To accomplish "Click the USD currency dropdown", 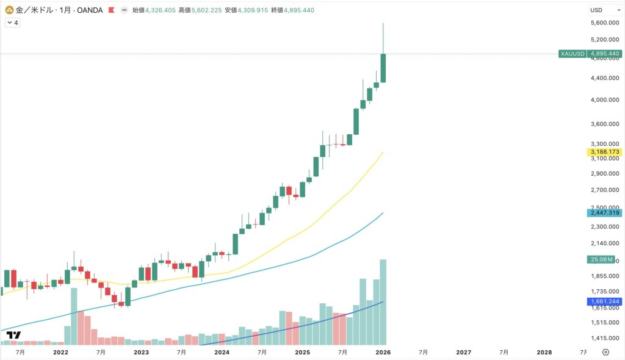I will coord(604,10).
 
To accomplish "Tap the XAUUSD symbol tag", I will coord(573,54).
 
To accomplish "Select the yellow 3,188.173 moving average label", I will coord(604,151).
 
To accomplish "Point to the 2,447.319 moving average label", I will coord(604,212).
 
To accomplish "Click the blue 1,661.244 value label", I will coord(604,301).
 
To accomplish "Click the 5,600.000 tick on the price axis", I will coord(604,23).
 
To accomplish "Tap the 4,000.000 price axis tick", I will coord(604,99).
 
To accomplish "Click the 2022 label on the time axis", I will coord(60,352).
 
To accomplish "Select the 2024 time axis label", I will coord(222,352).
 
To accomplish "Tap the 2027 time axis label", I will coord(463,352).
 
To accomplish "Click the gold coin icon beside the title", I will coord(9,10).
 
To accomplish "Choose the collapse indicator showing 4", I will coord(12,22).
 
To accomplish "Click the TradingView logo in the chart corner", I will coord(13,335).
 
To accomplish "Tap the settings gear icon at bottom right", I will coord(605,352).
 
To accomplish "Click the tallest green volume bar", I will coord(383,301).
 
